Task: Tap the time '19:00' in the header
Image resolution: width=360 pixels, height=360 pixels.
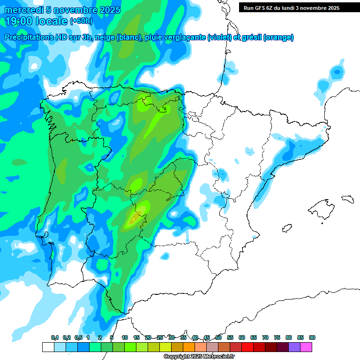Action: coord(20,21)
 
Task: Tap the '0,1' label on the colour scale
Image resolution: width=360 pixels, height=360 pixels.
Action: coord(55,337)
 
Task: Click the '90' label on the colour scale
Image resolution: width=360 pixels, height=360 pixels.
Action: coord(312,337)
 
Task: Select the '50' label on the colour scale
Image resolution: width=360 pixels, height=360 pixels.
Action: coord(218,337)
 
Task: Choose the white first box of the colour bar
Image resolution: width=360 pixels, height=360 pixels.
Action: coord(48,347)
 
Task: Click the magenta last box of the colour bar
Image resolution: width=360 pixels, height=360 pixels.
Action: coord(306,347)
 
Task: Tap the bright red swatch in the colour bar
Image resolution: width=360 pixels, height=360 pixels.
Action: coord(247,347)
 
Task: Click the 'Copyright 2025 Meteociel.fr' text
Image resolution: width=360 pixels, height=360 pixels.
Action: coord(199,357)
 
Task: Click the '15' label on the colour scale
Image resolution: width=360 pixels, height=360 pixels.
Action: coord(136,337)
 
